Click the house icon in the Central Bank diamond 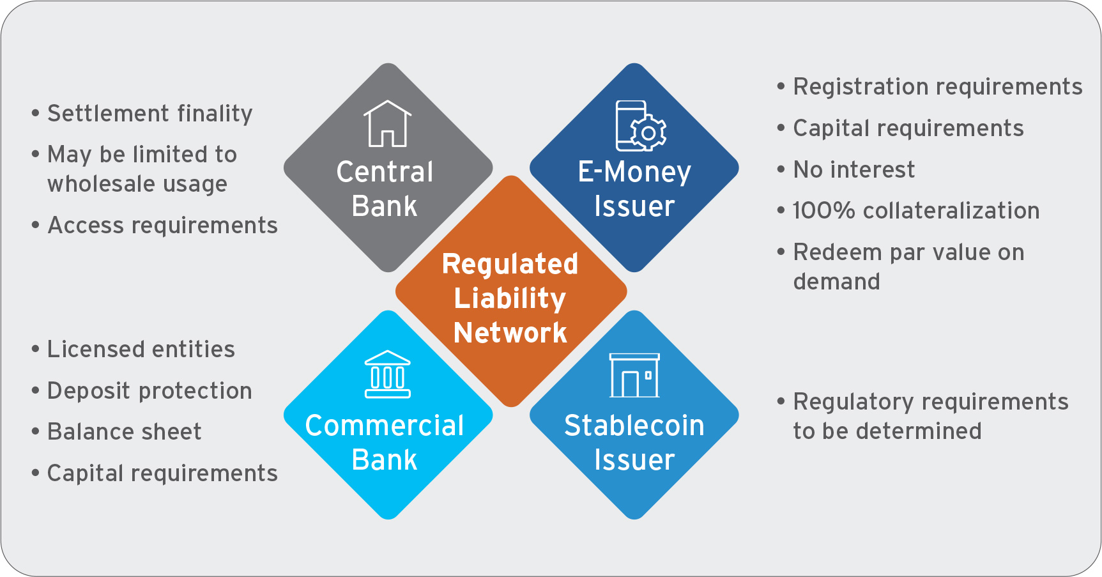[387, 124]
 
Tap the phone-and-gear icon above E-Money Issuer [640, 126]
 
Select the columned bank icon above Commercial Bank [387, 374]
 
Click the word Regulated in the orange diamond [510, 265]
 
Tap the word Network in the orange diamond [510, 333]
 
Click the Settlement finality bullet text [150, 114]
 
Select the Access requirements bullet [162, 226]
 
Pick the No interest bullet [853, 170]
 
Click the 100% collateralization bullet [915, 211]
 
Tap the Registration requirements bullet [937, 87]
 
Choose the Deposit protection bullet [149, 391]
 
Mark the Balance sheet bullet [125, 432]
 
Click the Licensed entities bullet [141, 350]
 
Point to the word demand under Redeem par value [836, 282]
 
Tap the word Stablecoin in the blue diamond [634, 426]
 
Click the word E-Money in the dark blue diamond [634, 172]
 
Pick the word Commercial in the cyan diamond [385, 426]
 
